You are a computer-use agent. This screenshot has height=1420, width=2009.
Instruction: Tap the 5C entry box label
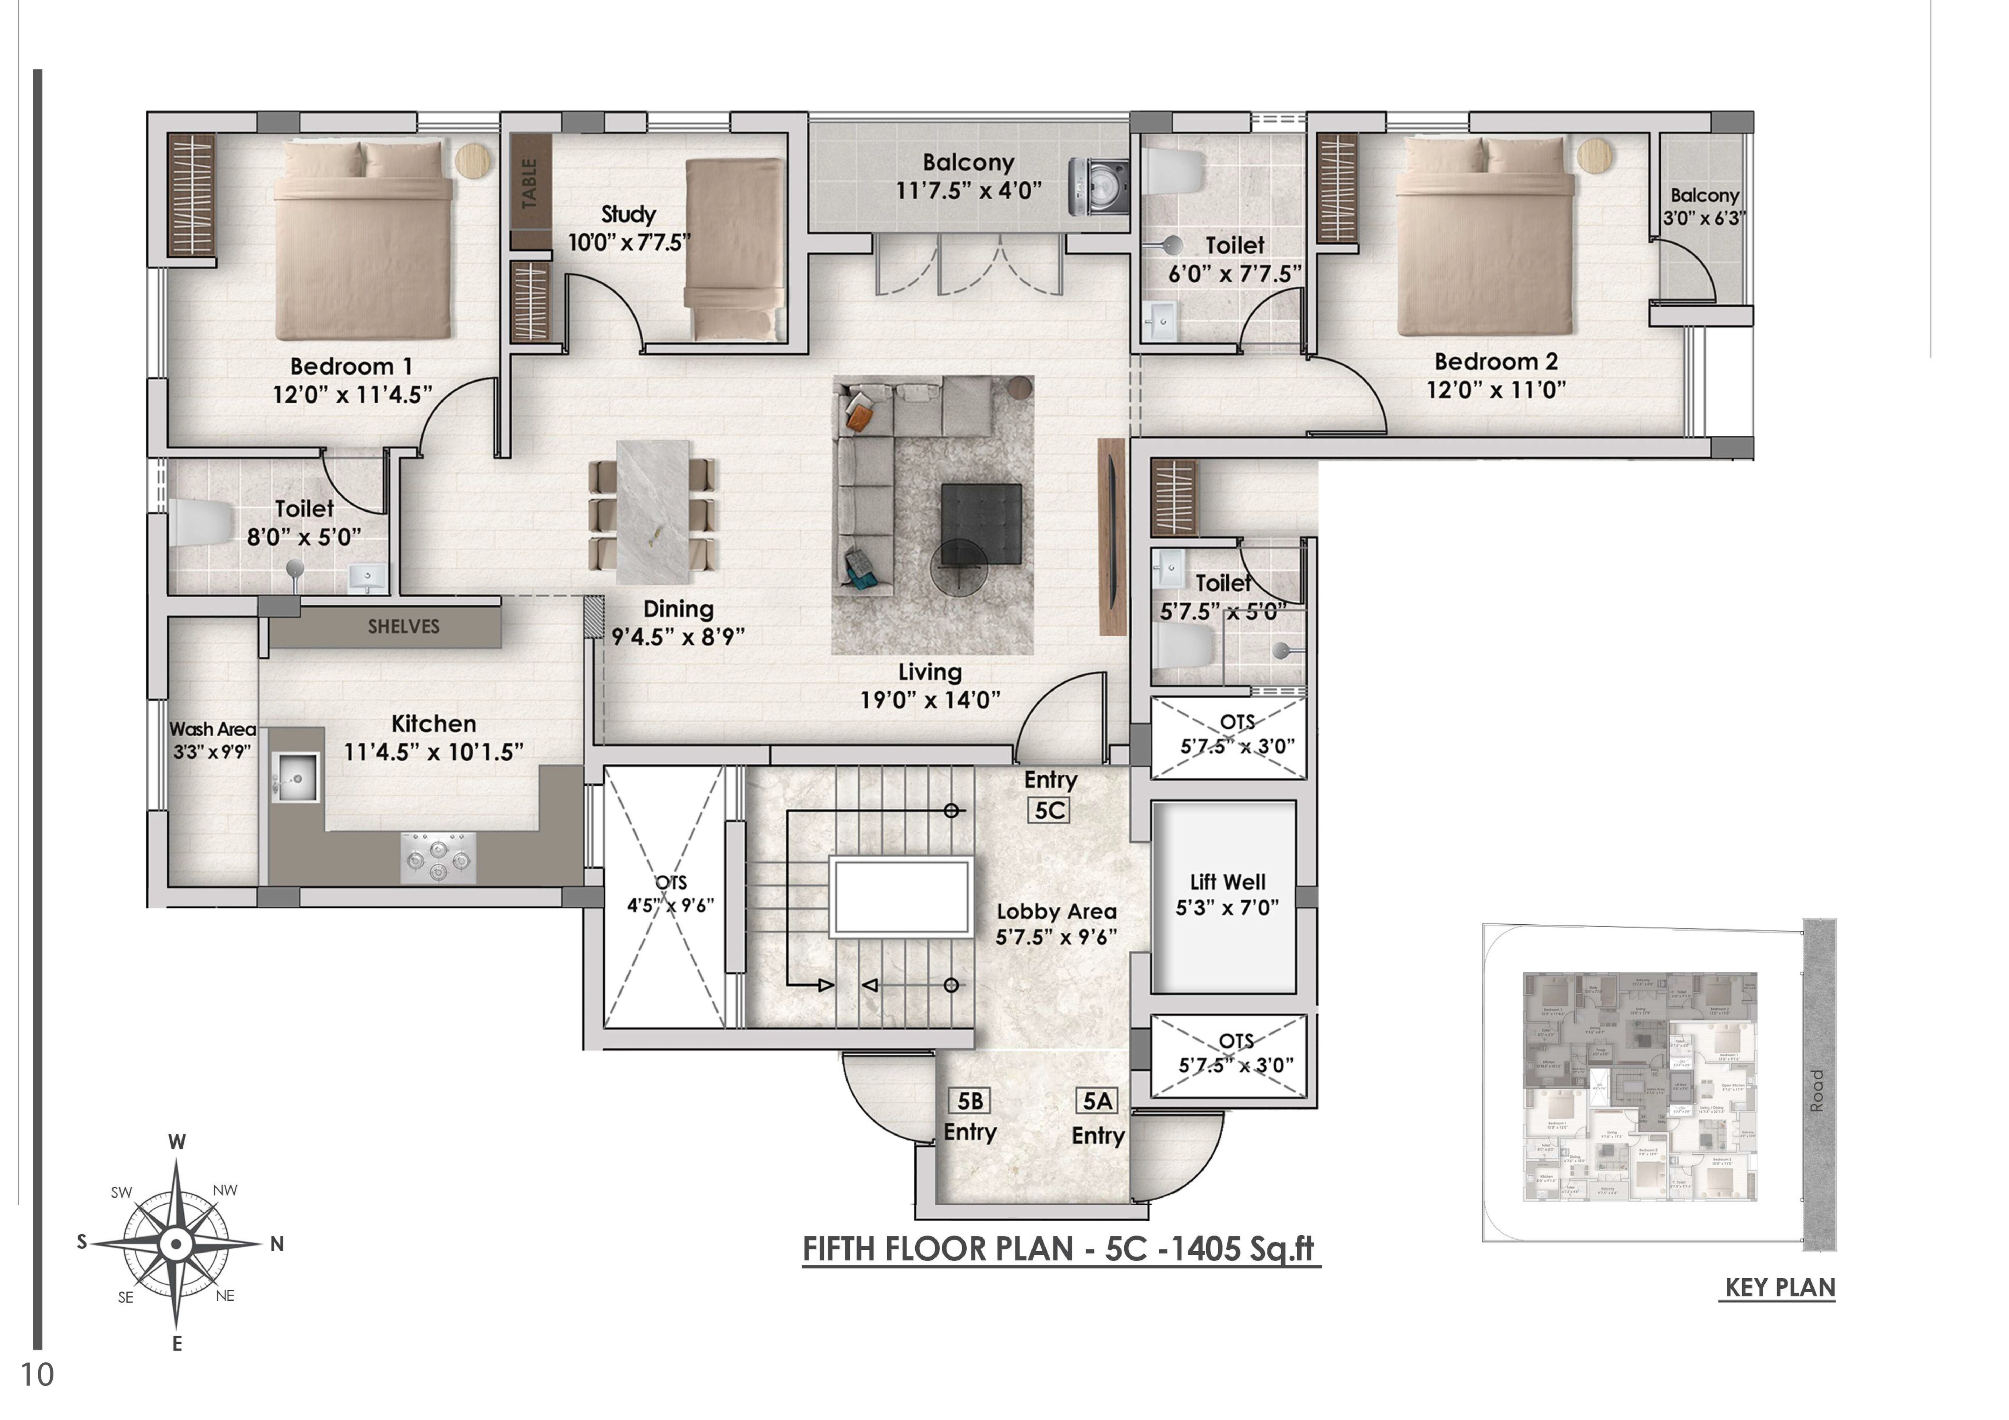click(1049, 810)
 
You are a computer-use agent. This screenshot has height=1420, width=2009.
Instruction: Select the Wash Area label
click(213, 729)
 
